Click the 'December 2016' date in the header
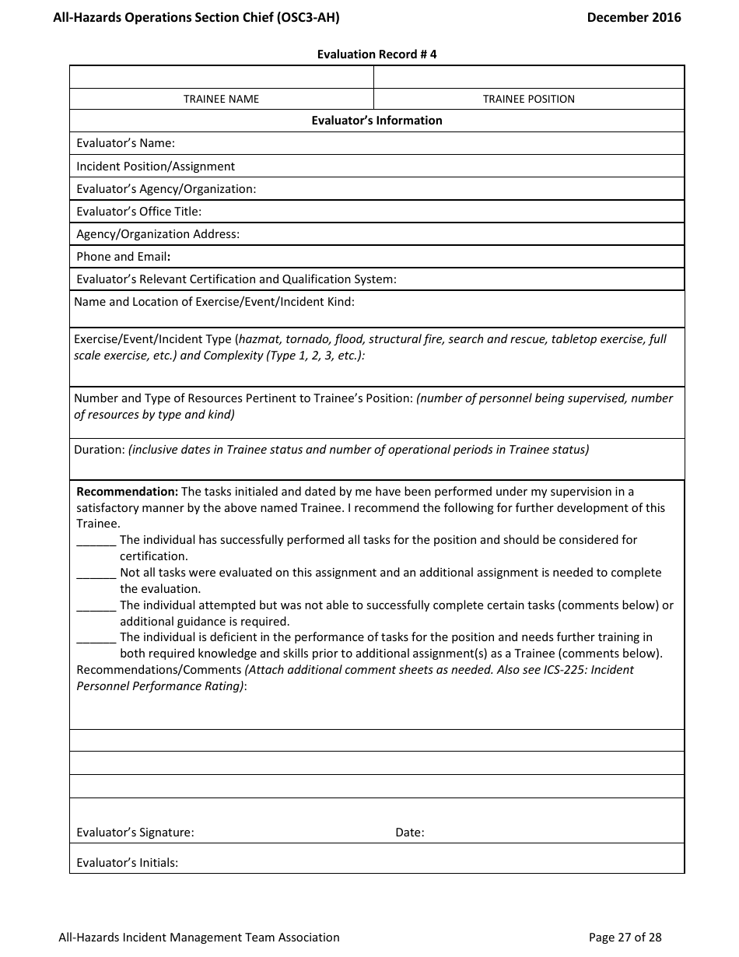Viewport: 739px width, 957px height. point(633,17)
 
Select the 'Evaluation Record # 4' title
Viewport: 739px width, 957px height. point(377,54)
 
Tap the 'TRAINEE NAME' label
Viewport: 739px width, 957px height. point(221,99)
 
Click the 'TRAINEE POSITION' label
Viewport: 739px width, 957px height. point(528,99)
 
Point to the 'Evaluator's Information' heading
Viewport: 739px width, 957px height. point(377,121)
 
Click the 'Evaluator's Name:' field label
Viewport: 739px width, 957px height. point(125,143)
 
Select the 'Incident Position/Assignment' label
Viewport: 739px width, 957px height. point(156,167)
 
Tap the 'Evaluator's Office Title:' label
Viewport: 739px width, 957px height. point(138,212)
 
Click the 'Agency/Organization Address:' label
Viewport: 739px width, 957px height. point(158,234)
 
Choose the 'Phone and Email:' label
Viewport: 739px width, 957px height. point(124,257)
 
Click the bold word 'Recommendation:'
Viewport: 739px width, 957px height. point(128,492)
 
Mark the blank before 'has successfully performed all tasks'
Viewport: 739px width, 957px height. point(96,541)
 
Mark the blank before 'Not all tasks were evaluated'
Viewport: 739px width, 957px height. point(96,573)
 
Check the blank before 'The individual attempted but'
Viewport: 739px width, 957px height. point(96,606)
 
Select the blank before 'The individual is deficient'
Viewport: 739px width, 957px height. point(96,638)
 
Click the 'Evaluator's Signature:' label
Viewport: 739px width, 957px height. point(135,833)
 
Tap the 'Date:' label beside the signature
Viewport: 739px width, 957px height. point(410,833)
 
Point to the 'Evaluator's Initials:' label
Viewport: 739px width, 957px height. point(128,863)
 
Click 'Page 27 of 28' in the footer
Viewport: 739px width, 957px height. point(625,938)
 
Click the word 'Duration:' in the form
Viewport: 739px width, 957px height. point(99,450)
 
